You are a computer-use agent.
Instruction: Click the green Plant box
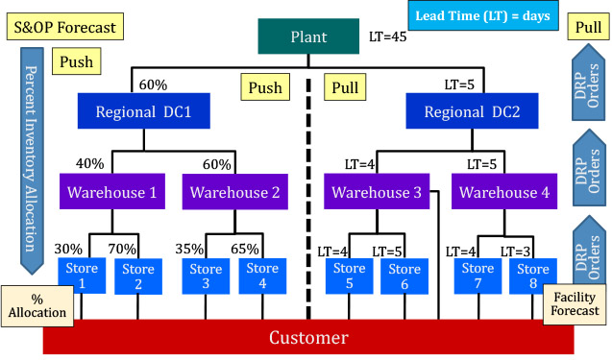tap(308, 38)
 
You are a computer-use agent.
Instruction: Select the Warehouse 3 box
tap(377, 192)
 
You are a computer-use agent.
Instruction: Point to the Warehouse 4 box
tap(505, 192)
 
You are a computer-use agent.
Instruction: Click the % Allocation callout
tap(37, 304)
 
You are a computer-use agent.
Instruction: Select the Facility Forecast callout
tap(575, 303)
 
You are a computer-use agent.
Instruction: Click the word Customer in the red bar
tap(308, 337)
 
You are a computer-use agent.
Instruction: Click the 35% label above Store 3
tap(189, 250)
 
